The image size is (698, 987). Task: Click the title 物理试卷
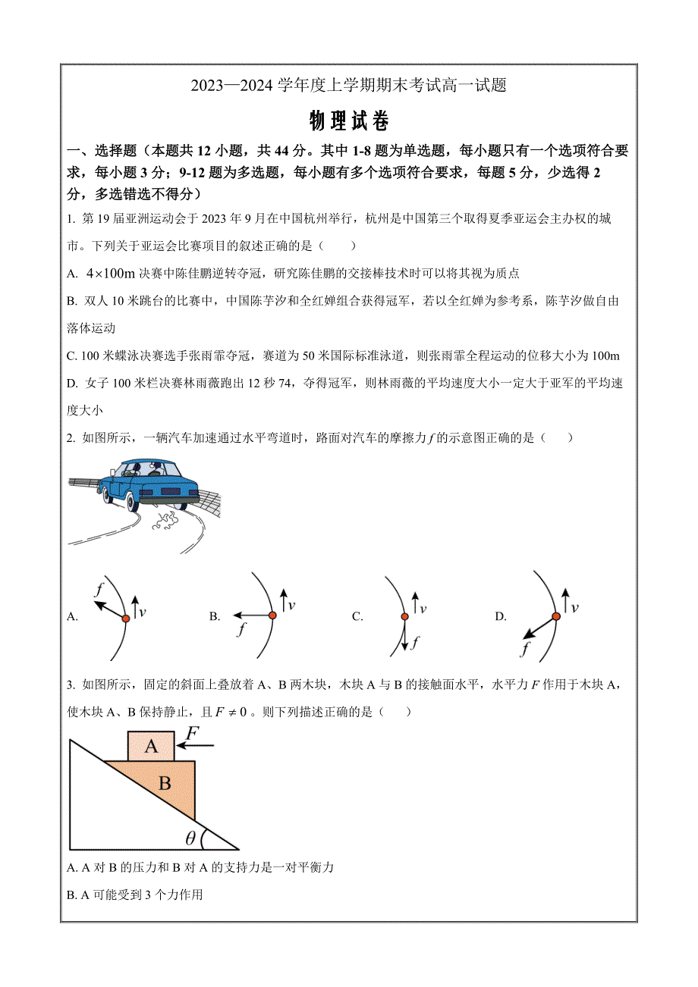[x=349, y=121]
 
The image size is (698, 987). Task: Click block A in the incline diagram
[x=151, y=747]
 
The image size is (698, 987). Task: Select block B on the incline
[x=165, y=784]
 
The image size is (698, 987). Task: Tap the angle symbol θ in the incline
[x=190, y=838]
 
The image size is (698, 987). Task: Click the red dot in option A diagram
[x=126, y=619]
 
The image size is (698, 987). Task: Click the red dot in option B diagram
[x=272, y=615]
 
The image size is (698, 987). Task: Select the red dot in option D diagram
[x=556, y=616]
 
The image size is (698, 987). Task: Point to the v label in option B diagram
[x=291, y=604]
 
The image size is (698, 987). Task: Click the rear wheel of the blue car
[x=131, y=502]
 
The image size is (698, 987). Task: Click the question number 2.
[x=70, y=437]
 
